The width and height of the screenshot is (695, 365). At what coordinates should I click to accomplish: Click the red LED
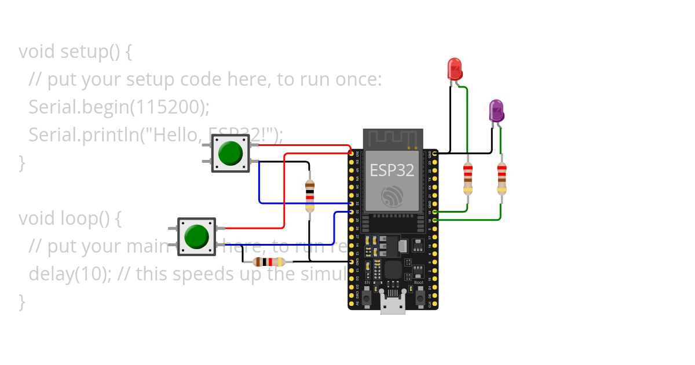(455, 69)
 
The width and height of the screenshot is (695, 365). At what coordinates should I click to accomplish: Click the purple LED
(496, 110)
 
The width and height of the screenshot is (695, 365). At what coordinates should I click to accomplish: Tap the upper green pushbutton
(231, 153)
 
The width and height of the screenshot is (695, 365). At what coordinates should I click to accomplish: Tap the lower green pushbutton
(196, 236)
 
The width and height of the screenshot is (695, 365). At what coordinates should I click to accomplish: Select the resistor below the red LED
(467, 178)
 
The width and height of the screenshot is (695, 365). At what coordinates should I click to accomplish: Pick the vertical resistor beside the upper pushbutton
(310, 195)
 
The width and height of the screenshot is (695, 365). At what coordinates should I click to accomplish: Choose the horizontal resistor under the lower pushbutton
(269, 262)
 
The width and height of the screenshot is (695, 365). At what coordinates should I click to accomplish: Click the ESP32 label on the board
(392, 170)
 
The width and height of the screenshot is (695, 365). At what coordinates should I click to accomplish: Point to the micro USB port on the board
(393, 305)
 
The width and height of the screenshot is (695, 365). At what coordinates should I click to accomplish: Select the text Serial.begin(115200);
(119, 107)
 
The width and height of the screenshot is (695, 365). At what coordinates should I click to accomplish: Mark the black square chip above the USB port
(393, 270)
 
